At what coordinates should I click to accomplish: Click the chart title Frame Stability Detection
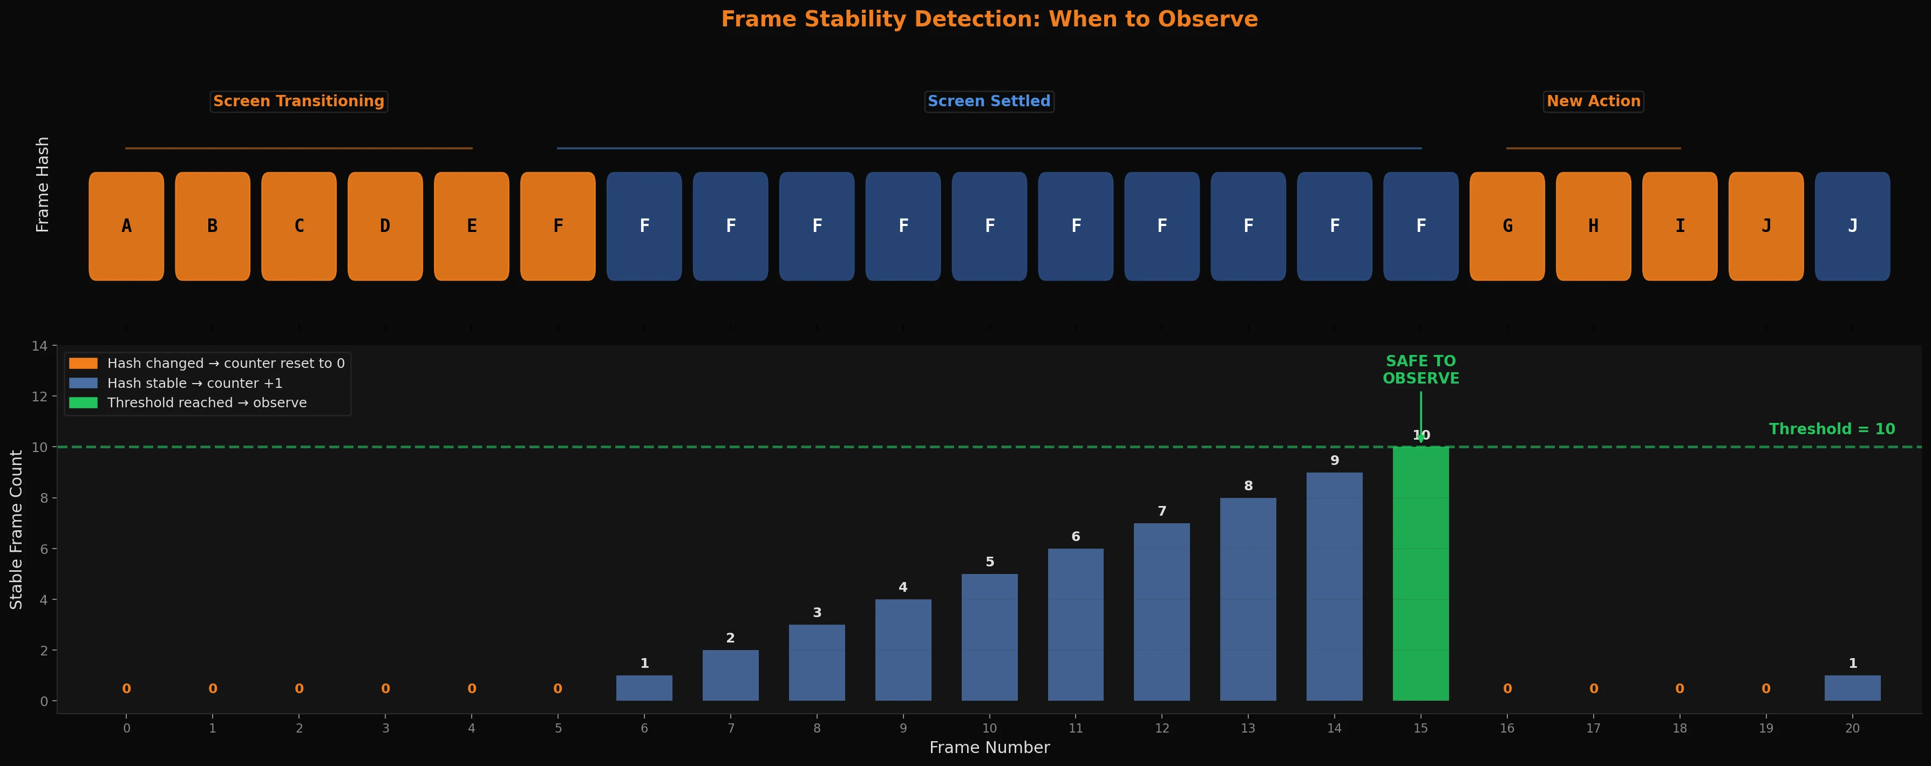[x=989, y=19]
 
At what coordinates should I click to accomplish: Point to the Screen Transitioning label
[x=298, y=101]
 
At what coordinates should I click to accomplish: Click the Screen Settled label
[x=989, y=101]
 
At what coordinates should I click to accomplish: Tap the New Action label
[x=1593, y=101]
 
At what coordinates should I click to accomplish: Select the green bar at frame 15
[x=1420, y=573]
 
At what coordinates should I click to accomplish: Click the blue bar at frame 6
[x=644, y=688]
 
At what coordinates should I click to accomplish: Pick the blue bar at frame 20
[x=1852, y=688]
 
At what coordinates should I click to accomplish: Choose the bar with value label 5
[x=989, y=637]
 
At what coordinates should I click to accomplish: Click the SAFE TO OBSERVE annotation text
[x=1420, y=370]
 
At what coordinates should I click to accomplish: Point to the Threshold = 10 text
[x=1831, y=429]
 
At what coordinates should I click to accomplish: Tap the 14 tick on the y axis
[x=40, y=346]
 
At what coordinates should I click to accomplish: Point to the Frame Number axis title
[x=989, y=747]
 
